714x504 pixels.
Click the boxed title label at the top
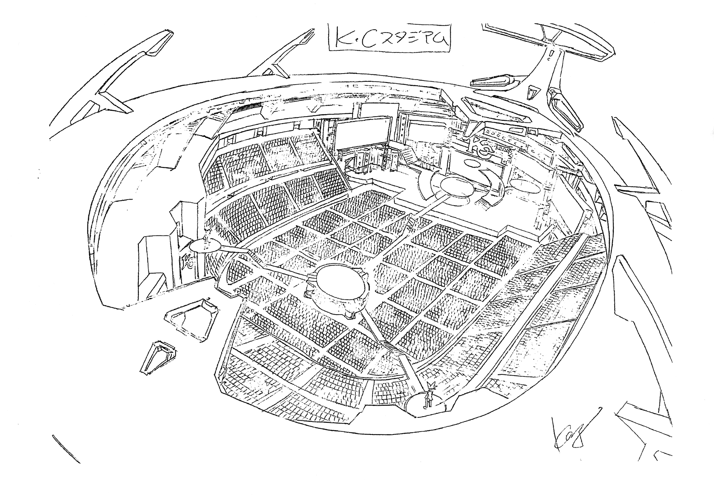click(x=390, y=37)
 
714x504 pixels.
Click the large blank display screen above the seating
click(x=360, y=131)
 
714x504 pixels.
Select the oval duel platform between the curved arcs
click(x=460, y=187)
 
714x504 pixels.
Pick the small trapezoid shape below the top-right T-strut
click(x=532, y=92)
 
